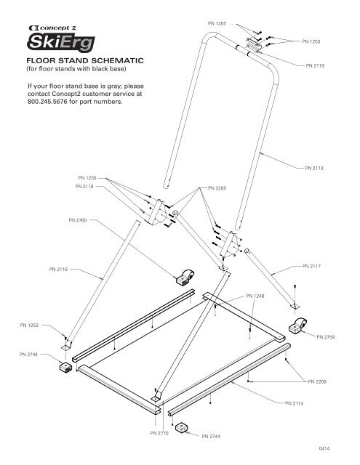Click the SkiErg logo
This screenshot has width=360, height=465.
pos(61,42)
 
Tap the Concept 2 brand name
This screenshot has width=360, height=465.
pos(52,28)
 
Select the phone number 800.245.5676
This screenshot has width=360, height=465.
pos(47,102)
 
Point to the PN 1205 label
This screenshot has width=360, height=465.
pos(217,23)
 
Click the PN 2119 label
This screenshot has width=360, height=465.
pos(315,65)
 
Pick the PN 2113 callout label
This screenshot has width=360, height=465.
pos(314,168)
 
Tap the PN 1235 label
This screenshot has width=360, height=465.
pos(87,178)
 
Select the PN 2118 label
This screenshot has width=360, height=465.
pos(84,187)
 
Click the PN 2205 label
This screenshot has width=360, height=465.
pos(217,188)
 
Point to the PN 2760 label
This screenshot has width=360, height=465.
pos(78,220)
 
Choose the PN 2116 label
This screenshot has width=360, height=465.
pos(58,270)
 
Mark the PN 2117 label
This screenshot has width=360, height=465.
pos(311,267)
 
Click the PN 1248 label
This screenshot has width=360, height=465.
pos(255,296)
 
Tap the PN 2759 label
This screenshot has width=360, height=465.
pos(326,337)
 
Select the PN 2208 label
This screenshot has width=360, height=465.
pos(317,381)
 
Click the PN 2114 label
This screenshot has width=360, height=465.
pos(294,403)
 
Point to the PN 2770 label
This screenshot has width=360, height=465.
pos(159,433)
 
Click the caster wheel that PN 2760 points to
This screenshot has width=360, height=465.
pos(185,278)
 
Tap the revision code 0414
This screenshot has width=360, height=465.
pos(324,448)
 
